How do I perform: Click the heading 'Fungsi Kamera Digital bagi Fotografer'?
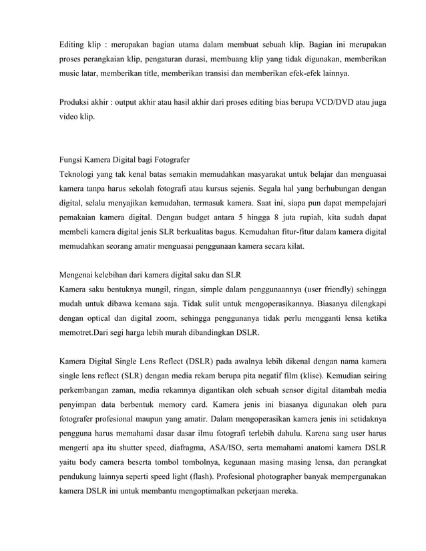click(x=125, y=161)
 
